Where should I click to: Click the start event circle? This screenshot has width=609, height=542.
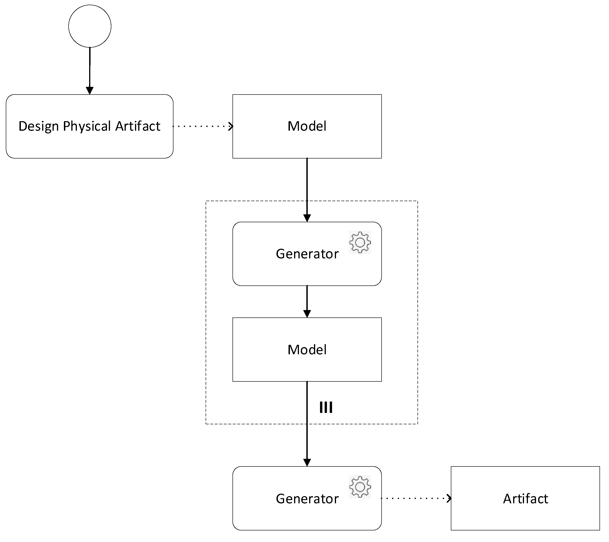pyautogui.click(x=90, y=26)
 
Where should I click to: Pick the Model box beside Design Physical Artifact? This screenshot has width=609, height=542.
pyautogui.click(x=307, y=140)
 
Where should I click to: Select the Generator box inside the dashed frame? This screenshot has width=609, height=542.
pyautogui.click(x=307, y=271)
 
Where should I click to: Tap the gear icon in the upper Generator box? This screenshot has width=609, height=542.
pyautogui.click(x=360, y=242)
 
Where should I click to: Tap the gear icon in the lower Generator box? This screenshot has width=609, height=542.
pyautogui.click(x=360, y=487)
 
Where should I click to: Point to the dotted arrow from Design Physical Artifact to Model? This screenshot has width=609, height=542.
pyautogui.click(x=203, y=127)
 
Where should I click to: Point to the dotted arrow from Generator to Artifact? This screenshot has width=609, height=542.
pyautogui.click(x=416, y=498)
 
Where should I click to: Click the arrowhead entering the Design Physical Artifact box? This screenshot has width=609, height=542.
pyautogui.click(x=90, y=91)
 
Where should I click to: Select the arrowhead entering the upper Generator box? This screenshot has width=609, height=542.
pyautogui.click(x=307, y=218)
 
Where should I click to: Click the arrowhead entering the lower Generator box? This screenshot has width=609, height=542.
pyautogui.click(x=307, y=462)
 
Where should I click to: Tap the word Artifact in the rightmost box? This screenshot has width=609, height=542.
pyautogui.click(x=525, y=499)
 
